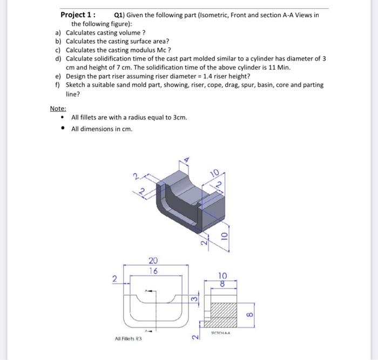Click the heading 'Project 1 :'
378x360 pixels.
[78, 15]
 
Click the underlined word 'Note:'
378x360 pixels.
[58, 109]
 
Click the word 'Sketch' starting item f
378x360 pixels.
[76, 85]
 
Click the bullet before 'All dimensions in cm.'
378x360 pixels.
[64, 129]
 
